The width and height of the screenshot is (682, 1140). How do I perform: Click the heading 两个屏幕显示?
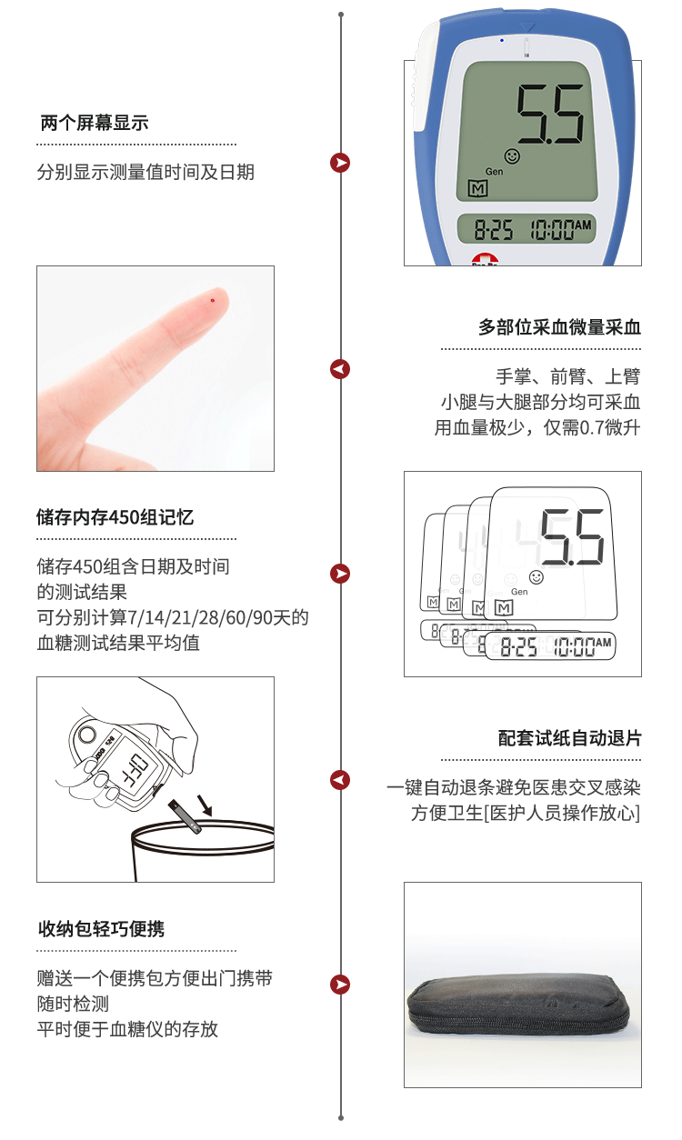click(95, 123)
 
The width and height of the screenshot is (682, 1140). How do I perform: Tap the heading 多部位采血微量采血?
click(559, 327)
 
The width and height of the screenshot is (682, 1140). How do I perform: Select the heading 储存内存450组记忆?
click(115, 517)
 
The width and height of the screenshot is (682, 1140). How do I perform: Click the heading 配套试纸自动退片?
click(569, 738)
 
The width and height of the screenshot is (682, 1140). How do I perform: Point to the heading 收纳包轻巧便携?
click(101, 929)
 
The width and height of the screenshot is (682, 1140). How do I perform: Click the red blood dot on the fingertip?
click(213, 300)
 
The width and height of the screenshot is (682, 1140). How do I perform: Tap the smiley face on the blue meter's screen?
click(512, 155)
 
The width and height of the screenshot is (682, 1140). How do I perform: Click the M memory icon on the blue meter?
click(478, 189)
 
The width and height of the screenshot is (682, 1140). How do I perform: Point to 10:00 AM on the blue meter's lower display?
click(561, 229)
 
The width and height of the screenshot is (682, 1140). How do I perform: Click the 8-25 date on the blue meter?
click(493, 229)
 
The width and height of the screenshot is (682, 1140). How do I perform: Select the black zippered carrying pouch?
click(518, 1005)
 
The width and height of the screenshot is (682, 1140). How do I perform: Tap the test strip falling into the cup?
click(185, 817)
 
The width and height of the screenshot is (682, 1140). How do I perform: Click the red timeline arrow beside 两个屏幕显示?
click(340, 163)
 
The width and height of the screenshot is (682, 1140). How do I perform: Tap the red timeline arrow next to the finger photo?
click(340, 369)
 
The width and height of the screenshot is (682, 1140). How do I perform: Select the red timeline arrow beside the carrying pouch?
click(340, 985)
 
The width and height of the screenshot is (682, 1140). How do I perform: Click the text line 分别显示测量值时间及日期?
click(145, 172)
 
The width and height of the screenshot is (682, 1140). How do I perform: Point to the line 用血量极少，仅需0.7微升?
click(537, 427)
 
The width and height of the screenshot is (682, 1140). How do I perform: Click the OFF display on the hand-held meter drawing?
click(135, 769)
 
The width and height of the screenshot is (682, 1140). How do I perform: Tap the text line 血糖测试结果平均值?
click(118, 643)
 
